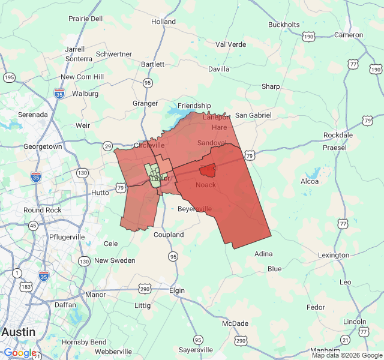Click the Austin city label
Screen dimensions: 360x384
pos(18,332)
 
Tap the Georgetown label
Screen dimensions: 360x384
pos(43,146)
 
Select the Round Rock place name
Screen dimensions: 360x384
pos(42,210)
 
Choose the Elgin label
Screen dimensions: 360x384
pos(177,290)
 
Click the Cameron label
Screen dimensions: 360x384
pos(348,35)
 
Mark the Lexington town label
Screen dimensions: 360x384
pos(333,255)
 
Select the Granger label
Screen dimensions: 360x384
pos(145,103)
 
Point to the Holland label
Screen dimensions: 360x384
pos(163,22)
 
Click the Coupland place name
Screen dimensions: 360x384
pos(169,235)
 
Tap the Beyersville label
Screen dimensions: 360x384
pos(195,209)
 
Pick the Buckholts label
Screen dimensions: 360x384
pos(284,25)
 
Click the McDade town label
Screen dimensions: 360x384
pos(235,323)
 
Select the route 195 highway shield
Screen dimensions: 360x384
pos(9,77)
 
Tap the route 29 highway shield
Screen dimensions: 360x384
pos(107,146)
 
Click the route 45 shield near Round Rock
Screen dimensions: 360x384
pos(33,226)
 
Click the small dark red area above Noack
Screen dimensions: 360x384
pos(207,170)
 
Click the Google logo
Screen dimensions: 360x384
pos(20,353)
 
